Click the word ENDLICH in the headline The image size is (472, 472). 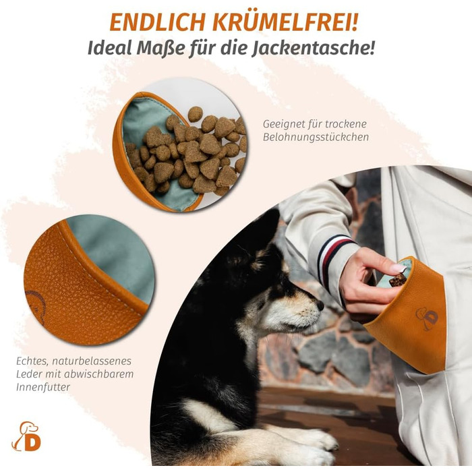(x=157, y=22)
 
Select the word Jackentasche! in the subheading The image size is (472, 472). (x=314, y=48)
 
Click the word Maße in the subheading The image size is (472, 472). (x=160, y=48)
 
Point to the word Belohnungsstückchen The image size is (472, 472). (x=316, y=137)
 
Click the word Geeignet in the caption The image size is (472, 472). (x=283, y=124)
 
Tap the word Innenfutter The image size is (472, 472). (x=43, y=387)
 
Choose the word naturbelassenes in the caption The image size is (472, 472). (x=92, y=361)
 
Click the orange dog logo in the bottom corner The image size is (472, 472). (x=26, y=436)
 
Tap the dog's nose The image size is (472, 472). (x=320, y=305)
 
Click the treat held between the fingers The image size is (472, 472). (x=398, y=280)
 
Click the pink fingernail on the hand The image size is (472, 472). (x=399, y=268)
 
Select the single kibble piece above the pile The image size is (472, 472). (x=195, y=114)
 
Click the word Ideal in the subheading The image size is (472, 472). (x=109, y=48)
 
